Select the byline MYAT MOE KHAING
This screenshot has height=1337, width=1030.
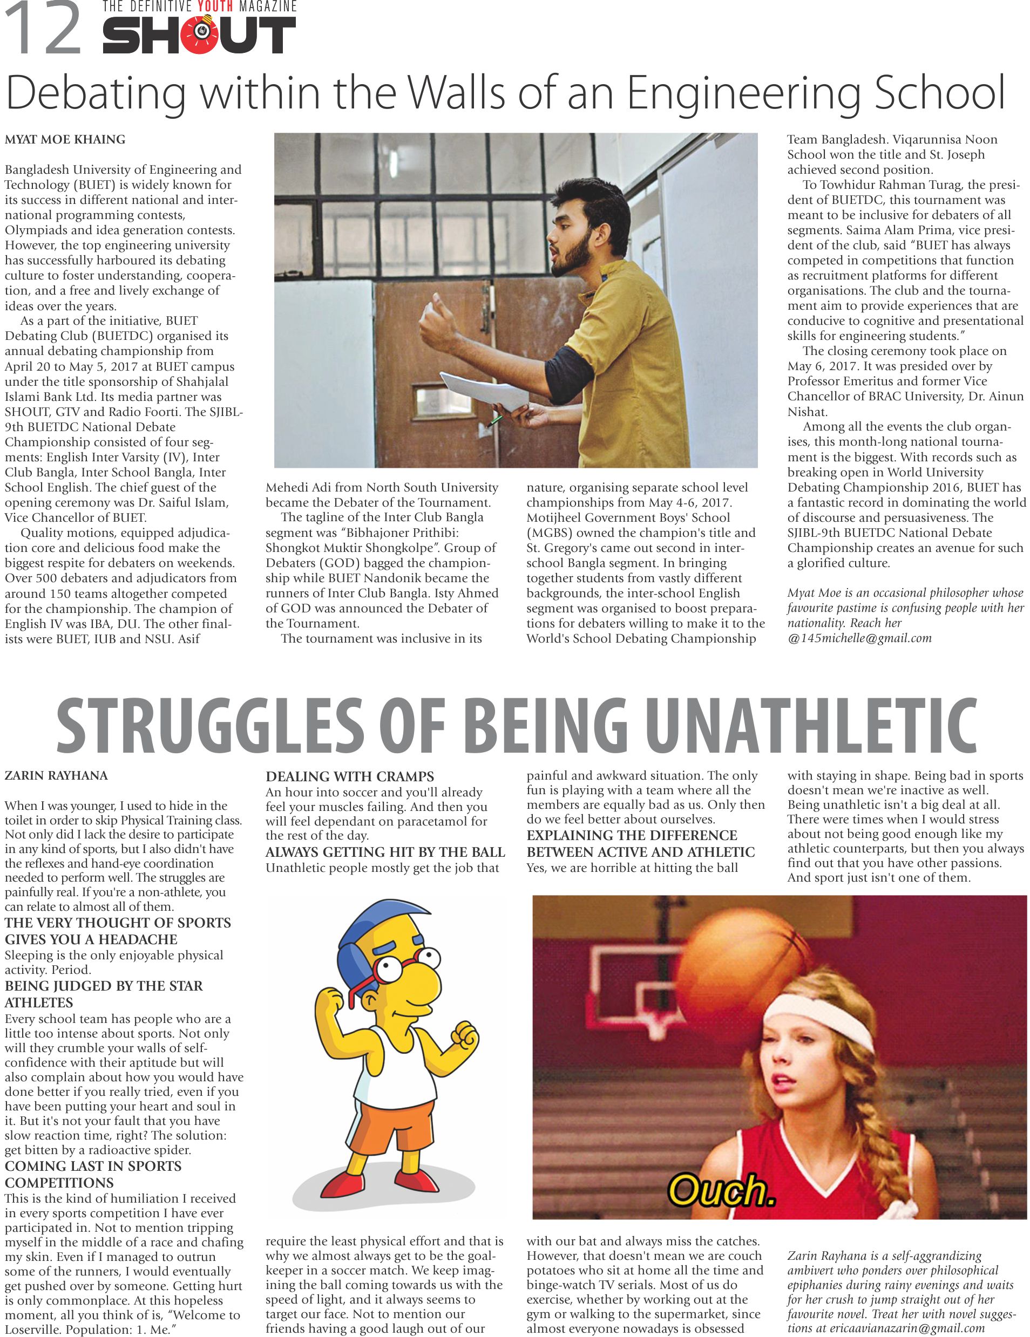click(65, 140)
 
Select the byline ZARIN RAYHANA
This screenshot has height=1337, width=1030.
click(56, 776)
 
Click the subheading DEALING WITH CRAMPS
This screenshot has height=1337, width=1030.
click(350, 776)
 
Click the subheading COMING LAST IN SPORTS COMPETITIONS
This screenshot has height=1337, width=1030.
click(93, 1174)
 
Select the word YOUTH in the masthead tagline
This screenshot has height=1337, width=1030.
click(211, 6)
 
